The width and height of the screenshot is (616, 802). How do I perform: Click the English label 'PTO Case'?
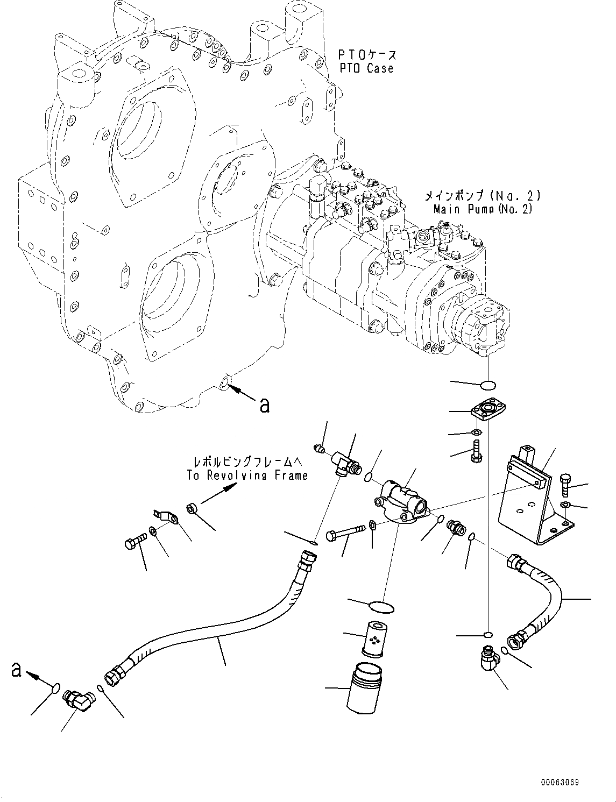(366, 68)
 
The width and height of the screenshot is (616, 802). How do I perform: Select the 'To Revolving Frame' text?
(247, 475)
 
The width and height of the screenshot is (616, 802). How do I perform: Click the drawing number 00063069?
(560, 783)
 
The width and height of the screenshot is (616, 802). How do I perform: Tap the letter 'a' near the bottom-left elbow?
(17, 670)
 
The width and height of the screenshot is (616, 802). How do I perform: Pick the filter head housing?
(402, 503)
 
